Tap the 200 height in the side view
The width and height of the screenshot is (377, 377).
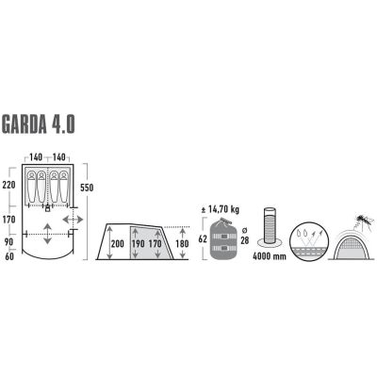[x=117, y=243]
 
